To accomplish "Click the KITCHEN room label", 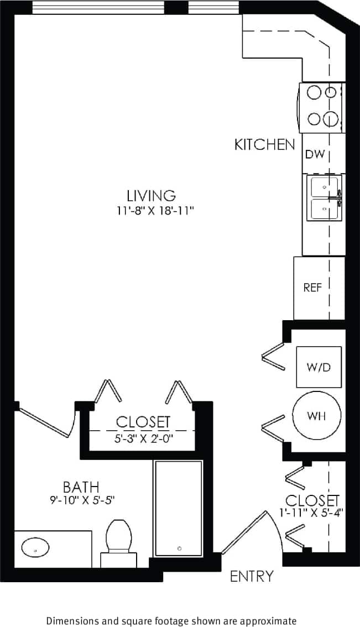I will [264, 145].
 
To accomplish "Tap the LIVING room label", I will [151, 195].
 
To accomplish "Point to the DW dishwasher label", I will [314, 154].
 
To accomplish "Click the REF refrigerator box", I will [312, 288].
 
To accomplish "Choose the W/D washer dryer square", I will [318, 367].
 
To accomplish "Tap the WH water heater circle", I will [316, 416].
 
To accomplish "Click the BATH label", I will [81, 487].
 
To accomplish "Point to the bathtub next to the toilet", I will [178, 508].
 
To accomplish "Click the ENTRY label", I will [252, 576].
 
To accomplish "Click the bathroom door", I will [47, 423].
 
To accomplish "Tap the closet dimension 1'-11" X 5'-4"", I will [312, 512].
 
